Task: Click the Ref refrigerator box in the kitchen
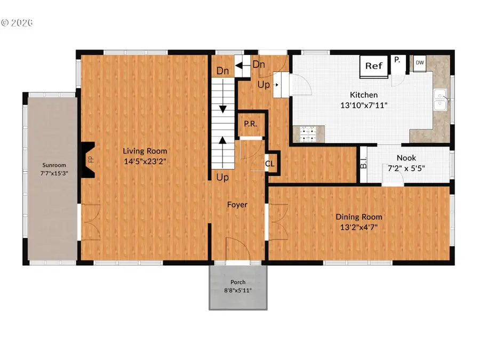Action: (x=374, y=66)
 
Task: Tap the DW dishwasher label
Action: (x=420, y=62)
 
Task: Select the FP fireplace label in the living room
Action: (x=90, y=159)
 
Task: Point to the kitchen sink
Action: (x=441, y=99)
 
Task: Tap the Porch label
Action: (x=238, y=282)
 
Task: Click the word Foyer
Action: (x=237, y=204)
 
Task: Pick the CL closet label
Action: (x=270, y=164)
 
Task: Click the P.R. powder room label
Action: (x=251, y=124)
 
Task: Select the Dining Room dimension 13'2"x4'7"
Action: (x=358, y=227)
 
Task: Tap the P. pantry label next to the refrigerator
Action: (x=397, y=60)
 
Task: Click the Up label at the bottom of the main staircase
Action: (x=222, y=177)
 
